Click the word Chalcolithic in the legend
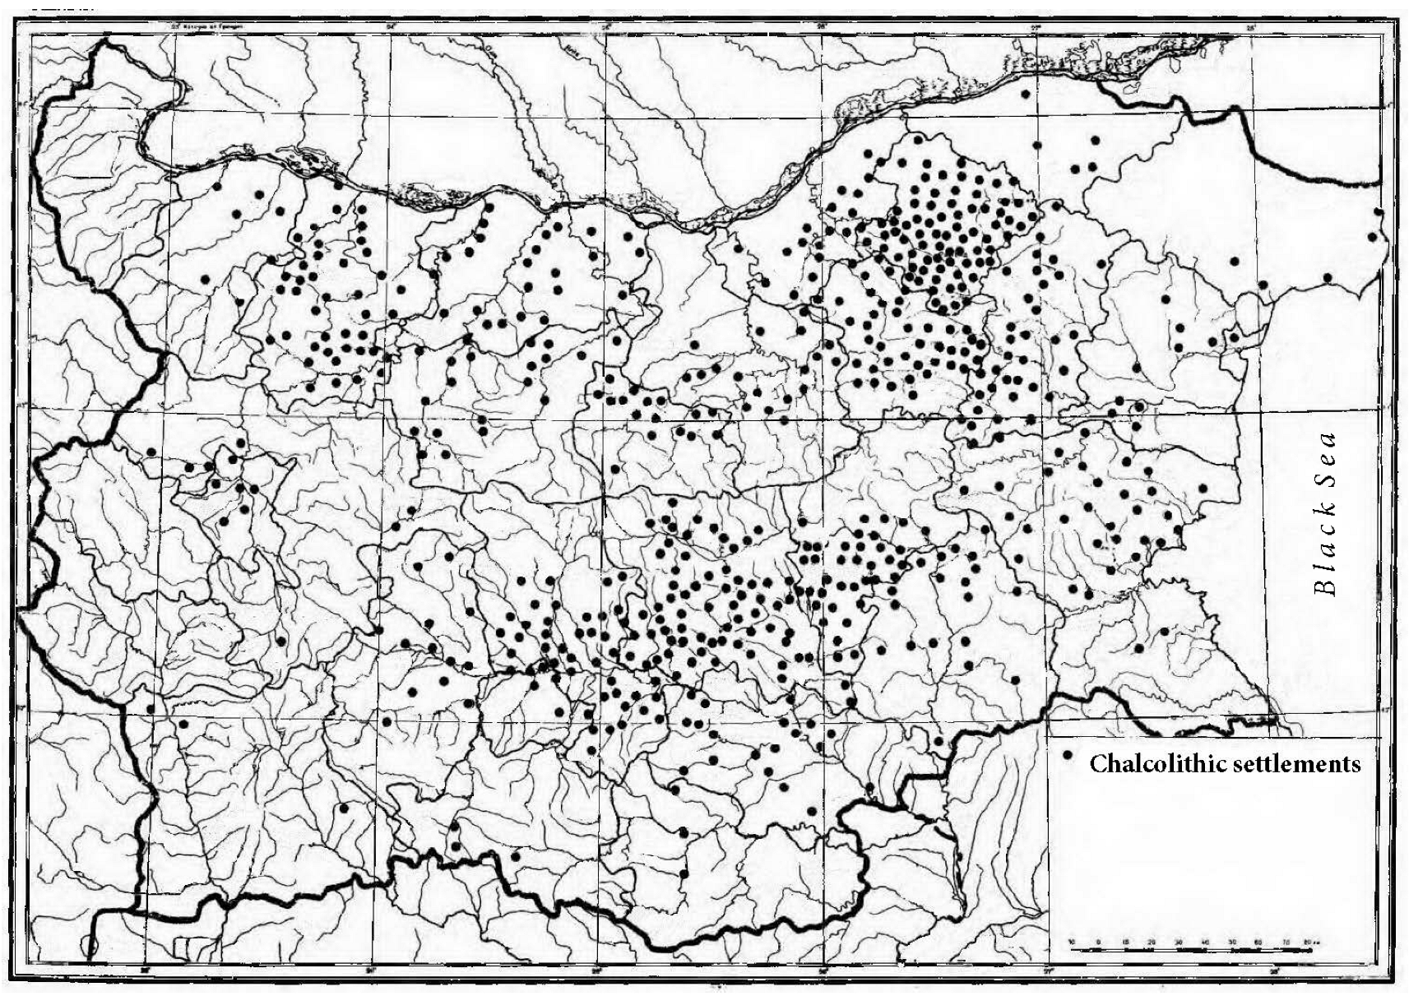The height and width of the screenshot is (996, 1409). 1156,764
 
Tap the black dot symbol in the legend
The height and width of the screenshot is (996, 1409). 1068,754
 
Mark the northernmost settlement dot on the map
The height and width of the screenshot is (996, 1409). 1025,94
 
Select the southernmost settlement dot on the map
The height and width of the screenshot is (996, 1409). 683,873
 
